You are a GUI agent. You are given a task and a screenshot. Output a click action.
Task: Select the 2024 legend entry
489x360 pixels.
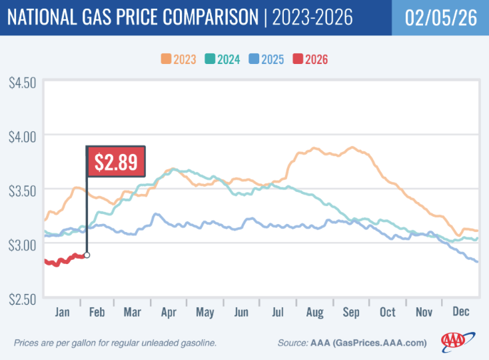point(227,59)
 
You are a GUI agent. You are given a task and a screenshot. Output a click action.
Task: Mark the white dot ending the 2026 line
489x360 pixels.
point(87,255)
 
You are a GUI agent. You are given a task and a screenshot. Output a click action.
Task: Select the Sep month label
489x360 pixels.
point(351,312)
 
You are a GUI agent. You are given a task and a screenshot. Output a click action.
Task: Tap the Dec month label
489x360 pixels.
point(460,312)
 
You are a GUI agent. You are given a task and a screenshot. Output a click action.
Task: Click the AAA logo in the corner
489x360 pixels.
point(457,341)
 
